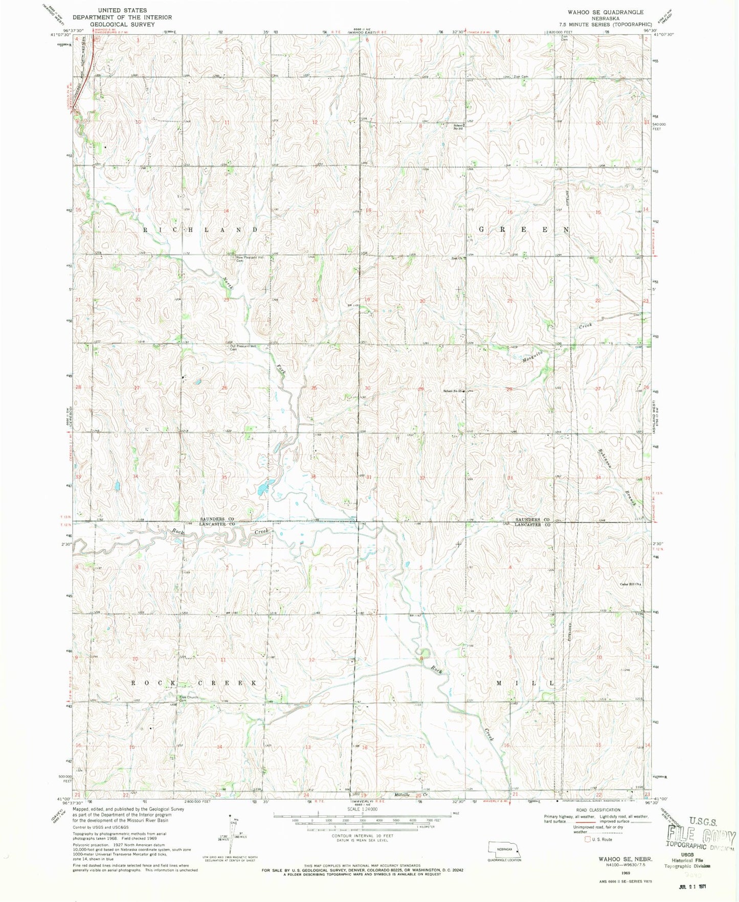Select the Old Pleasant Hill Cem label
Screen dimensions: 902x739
243,347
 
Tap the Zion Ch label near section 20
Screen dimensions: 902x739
459,258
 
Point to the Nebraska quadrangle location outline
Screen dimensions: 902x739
504,848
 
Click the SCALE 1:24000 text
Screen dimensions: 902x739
362,809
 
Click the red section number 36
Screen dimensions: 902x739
313,477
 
